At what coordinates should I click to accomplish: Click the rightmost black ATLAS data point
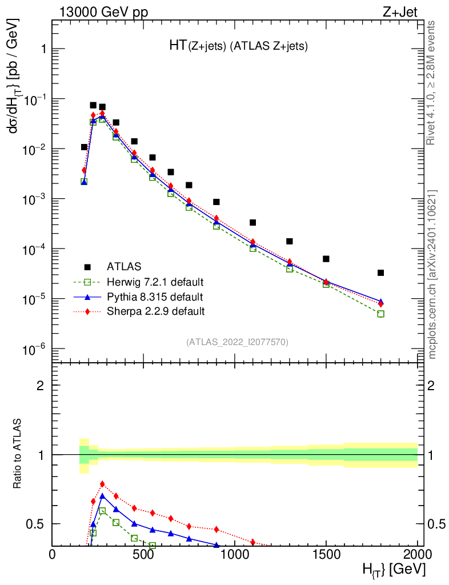(381, 273)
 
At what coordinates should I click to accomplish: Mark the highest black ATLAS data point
(93, 105)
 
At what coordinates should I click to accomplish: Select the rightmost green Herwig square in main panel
(381, 314)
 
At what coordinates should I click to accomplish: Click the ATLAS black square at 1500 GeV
(326, 259)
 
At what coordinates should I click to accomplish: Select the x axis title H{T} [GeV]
(394, 570)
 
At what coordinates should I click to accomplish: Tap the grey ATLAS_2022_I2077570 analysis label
(237, 342)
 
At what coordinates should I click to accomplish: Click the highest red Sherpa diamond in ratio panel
(102, 484)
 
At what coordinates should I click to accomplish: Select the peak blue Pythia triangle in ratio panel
(102, 496)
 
